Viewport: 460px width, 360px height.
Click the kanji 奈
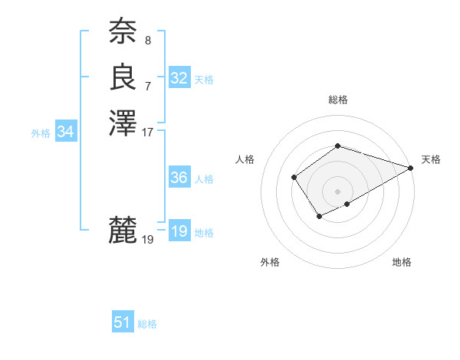[x=123, y=31]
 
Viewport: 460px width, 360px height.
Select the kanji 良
[x=123, y=77]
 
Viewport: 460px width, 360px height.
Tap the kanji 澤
[x=123, y=123]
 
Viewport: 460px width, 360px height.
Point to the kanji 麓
[x=123, y=230]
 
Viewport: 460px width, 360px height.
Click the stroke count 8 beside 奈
[x=148, y=40]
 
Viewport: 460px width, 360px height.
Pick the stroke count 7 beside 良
[x=148, y=86]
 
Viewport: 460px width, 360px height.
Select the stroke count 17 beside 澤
[x=148, y=132]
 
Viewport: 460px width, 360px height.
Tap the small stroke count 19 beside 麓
[x=148, y=240]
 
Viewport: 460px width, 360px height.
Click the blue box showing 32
[x=179, y=78]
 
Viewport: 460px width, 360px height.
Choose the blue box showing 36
[x=179, y=178]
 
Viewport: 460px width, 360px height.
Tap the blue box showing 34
[x=66, y=132]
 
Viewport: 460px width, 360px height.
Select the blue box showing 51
[x=123, y=322]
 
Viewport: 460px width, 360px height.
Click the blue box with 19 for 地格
[x=179, y=231]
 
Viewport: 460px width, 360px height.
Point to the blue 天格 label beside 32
[x=204, y=80]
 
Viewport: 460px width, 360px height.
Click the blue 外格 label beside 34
[x=41, y=133]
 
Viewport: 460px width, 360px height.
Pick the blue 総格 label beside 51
[x=147, y=324]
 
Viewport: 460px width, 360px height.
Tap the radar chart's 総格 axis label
[x=337, y=100]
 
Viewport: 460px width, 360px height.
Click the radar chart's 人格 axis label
[x=246, y=159]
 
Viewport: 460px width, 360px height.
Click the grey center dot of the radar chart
[x=337, y=191]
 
